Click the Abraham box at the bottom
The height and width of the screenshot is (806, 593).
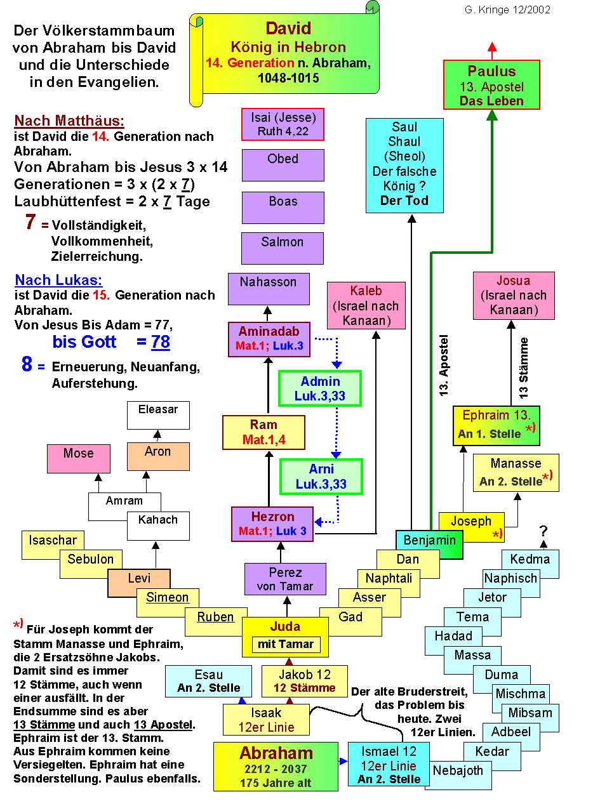[276, 765]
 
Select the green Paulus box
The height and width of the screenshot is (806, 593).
[491, 85]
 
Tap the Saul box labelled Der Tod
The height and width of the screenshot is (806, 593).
[404, 164]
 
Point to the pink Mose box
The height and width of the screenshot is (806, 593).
[78, 458]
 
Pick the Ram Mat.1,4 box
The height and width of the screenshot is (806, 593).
[263, 432]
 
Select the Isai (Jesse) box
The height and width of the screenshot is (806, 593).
[283, 124]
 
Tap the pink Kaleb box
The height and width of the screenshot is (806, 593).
[366, 305]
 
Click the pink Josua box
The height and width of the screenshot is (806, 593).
[513, 295]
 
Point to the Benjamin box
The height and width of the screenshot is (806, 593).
[429, 541]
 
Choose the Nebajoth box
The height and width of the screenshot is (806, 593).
[458, 771]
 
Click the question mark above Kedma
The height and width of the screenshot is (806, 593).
[543, 531]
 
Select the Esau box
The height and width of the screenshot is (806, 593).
[209, 680]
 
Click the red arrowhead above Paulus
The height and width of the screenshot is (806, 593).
[492, 48]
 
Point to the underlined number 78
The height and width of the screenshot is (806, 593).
[161, 342]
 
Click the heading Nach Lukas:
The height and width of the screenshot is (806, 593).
[58, 280]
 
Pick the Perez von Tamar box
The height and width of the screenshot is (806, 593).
[285, 579]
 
